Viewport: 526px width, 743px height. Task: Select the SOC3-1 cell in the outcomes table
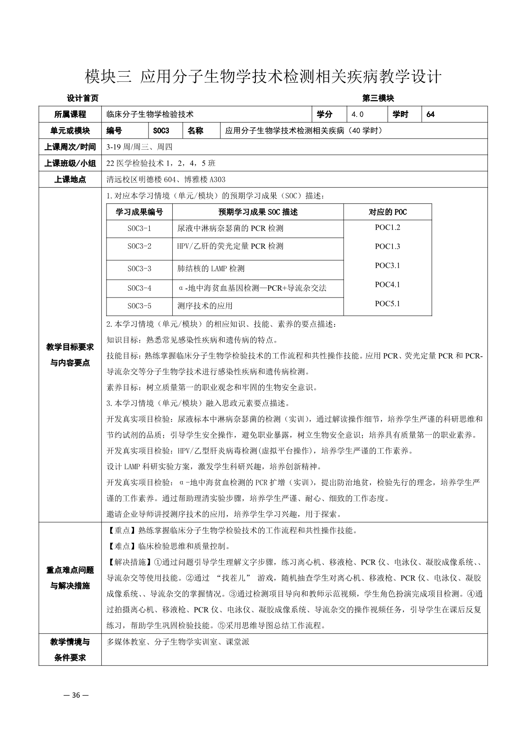(139, 228)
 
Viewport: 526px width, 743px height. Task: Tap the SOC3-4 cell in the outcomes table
(139, 288)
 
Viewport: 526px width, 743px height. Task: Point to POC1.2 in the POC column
(387, 228)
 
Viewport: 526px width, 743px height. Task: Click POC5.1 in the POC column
(387, 303)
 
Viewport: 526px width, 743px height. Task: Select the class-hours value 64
(431, 114)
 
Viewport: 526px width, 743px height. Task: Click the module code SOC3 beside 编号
(161, 131)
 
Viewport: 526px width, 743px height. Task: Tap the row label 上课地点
(70, 179)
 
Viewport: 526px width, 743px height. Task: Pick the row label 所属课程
(70, 114)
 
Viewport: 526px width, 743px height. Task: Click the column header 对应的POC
(387, 212)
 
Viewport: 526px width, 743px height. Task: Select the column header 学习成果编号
(139, 212)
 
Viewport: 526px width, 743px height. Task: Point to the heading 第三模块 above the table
(378, 98)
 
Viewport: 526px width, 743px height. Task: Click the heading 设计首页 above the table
(83, 98)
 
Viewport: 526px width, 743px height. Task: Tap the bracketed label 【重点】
(119, 531)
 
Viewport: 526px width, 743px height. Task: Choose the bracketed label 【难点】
(119, 546)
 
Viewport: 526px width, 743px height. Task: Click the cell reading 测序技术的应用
(205, 306)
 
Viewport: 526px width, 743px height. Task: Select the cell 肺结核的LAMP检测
(211, 269)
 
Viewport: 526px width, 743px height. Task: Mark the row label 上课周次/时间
(70, 147)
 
